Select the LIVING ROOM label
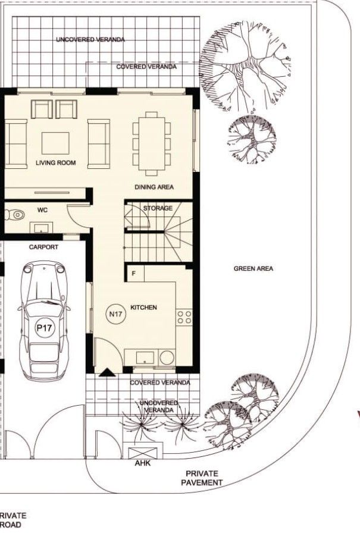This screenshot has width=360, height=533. [55, 162]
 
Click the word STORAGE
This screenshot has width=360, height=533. [158, 208]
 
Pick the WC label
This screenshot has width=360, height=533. [42, 210]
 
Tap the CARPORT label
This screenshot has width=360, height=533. [43, 247]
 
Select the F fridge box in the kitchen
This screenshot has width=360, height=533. [134, 274]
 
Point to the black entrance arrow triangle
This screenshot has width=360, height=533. [106, 373]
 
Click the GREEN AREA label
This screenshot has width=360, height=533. [253, 269]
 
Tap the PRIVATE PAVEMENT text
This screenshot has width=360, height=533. [202, 478]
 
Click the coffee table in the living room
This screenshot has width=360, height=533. [55, 143]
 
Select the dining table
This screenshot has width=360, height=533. [152, 143]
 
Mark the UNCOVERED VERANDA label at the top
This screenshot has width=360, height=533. [91, 39]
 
